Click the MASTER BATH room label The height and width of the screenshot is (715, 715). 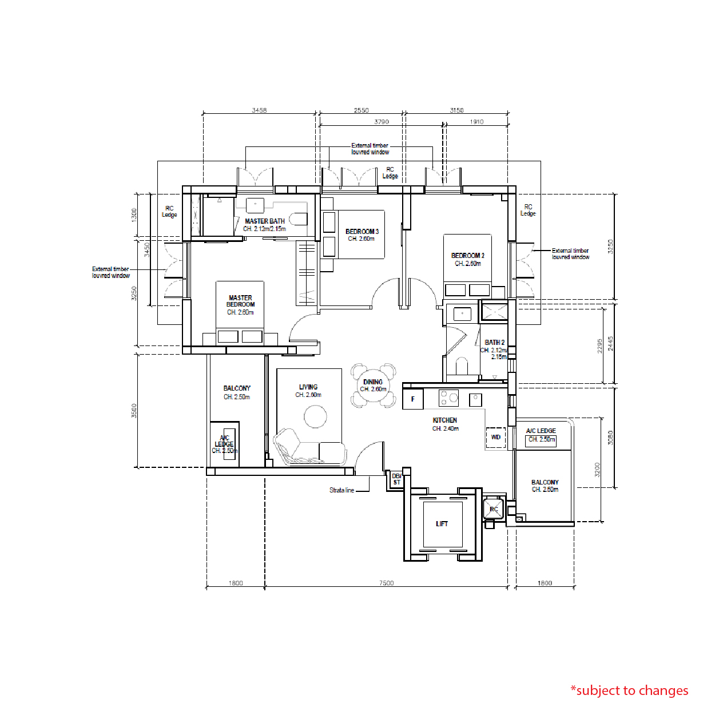pos(264,221)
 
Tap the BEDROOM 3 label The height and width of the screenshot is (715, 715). pos(362,232)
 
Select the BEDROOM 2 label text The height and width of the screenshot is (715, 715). pos(467,256)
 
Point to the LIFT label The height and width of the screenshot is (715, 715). pos(442,524)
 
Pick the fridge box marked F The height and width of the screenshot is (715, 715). pos(412,399)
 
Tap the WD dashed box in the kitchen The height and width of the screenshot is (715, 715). pos(495,437)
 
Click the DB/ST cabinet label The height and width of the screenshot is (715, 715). pos(396,479)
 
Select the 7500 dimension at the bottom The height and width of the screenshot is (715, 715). pos(386,583)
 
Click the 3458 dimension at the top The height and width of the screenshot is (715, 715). pos(259,110)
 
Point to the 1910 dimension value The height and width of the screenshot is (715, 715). pos(476,121)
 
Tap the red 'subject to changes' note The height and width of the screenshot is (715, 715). pos(629,690)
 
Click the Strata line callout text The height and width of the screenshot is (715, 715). pos(341,490)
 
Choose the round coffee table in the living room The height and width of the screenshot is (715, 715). pos(315,416)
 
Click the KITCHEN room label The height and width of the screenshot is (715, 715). pos(444,420)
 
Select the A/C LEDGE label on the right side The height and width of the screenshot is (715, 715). pos(541,431)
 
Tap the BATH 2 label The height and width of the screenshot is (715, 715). pos(495,343)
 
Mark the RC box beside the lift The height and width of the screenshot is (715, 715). pos(494,509)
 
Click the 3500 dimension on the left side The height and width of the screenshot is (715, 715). pos(134,410)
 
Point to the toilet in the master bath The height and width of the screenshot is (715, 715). pos(299,219)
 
